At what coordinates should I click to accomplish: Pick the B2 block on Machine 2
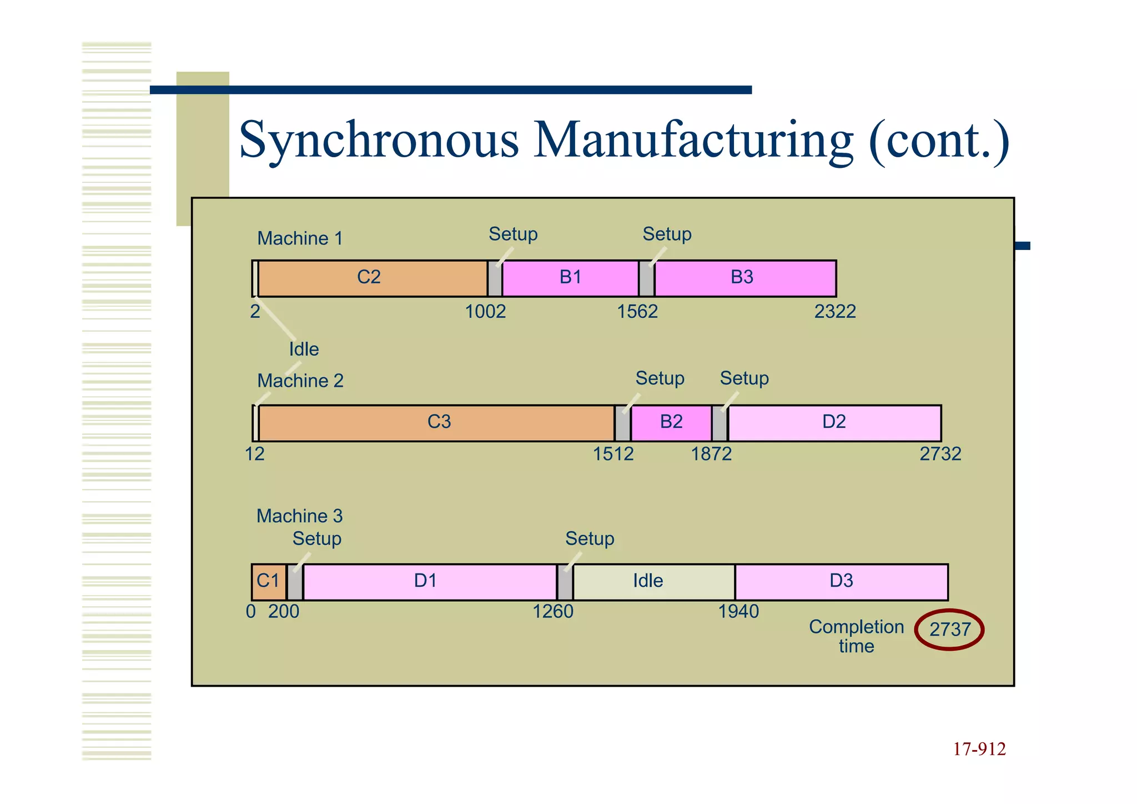pos(671,423)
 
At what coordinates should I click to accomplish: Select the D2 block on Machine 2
pos(834,423)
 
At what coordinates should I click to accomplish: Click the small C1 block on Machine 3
pos(269,582)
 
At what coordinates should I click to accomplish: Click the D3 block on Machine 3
pos(841,582)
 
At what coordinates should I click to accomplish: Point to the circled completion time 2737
pos(949,630)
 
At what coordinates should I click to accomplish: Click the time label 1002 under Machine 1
pos(485,312)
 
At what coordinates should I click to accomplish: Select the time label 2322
pos(834,312)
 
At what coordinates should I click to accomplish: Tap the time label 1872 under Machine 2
pos(711,455)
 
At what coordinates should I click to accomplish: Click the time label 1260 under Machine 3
pos(553,612)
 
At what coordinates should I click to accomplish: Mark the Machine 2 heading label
pos(300,381)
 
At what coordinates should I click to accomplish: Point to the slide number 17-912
pos(979,750)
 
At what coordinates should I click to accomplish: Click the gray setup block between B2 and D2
pos(720,423)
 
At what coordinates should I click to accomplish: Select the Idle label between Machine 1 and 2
pos(304,349)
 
